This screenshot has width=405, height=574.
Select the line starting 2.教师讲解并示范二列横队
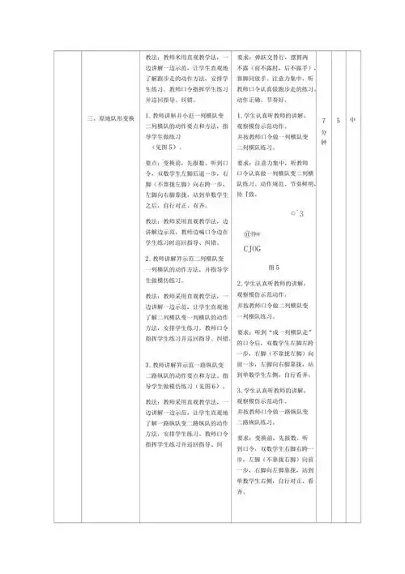point(187,259)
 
